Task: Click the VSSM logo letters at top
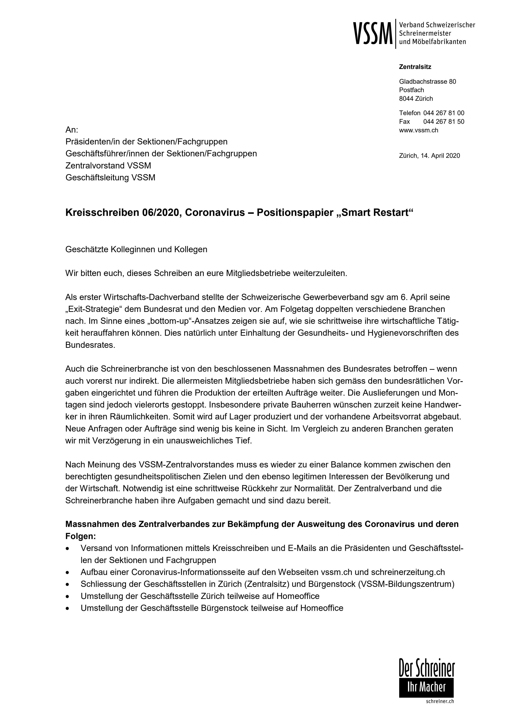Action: pos(373,33)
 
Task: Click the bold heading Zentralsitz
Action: pos(415,67)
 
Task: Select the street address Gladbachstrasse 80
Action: pos(427,82)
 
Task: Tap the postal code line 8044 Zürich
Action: pos(416,99)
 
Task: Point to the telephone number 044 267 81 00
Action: pos(444,113)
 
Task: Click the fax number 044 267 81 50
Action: pos(444,121)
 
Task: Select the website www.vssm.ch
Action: pos(418,130)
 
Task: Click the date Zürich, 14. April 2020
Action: pos(429,156)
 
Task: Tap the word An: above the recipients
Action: pos(72,130)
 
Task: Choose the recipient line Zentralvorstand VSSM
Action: pos(108,165)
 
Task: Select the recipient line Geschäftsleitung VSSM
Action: pos(110,177)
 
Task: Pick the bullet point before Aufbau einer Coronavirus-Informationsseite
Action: pos(68,572)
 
